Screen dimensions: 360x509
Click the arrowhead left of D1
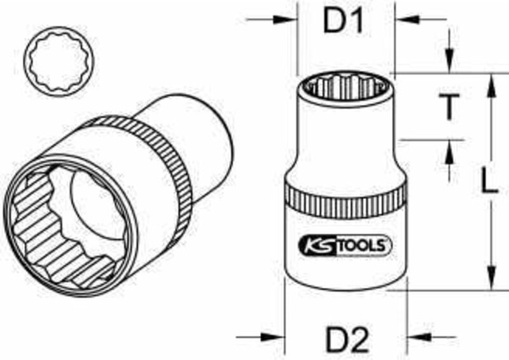pos(290,20)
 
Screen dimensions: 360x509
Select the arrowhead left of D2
pos(276,337)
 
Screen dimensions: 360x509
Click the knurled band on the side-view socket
pos(345,200)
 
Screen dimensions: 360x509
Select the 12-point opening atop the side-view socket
pos(345,85)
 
